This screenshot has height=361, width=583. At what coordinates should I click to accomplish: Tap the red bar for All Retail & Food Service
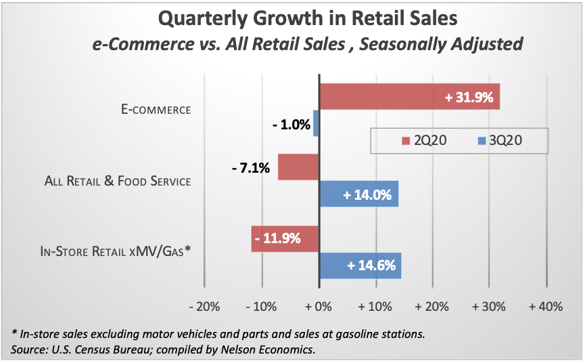(x=298, y=167)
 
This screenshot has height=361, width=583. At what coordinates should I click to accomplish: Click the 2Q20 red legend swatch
(x=406, y=141)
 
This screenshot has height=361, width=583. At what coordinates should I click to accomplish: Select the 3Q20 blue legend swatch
(x=482, y=141)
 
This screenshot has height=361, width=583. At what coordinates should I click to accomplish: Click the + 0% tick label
(x=319, y=307)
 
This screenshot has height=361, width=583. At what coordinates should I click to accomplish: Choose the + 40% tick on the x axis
(x=546, y=307)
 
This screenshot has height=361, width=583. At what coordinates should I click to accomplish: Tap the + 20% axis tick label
(x=432, y=307)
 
